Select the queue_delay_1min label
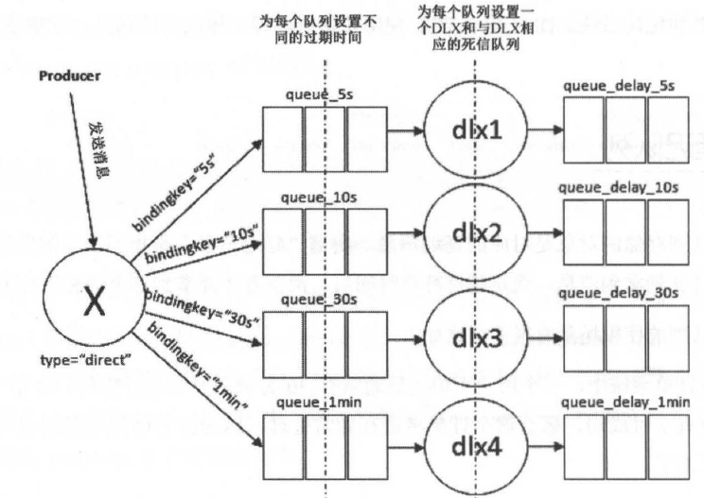click(x=625, y=403)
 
